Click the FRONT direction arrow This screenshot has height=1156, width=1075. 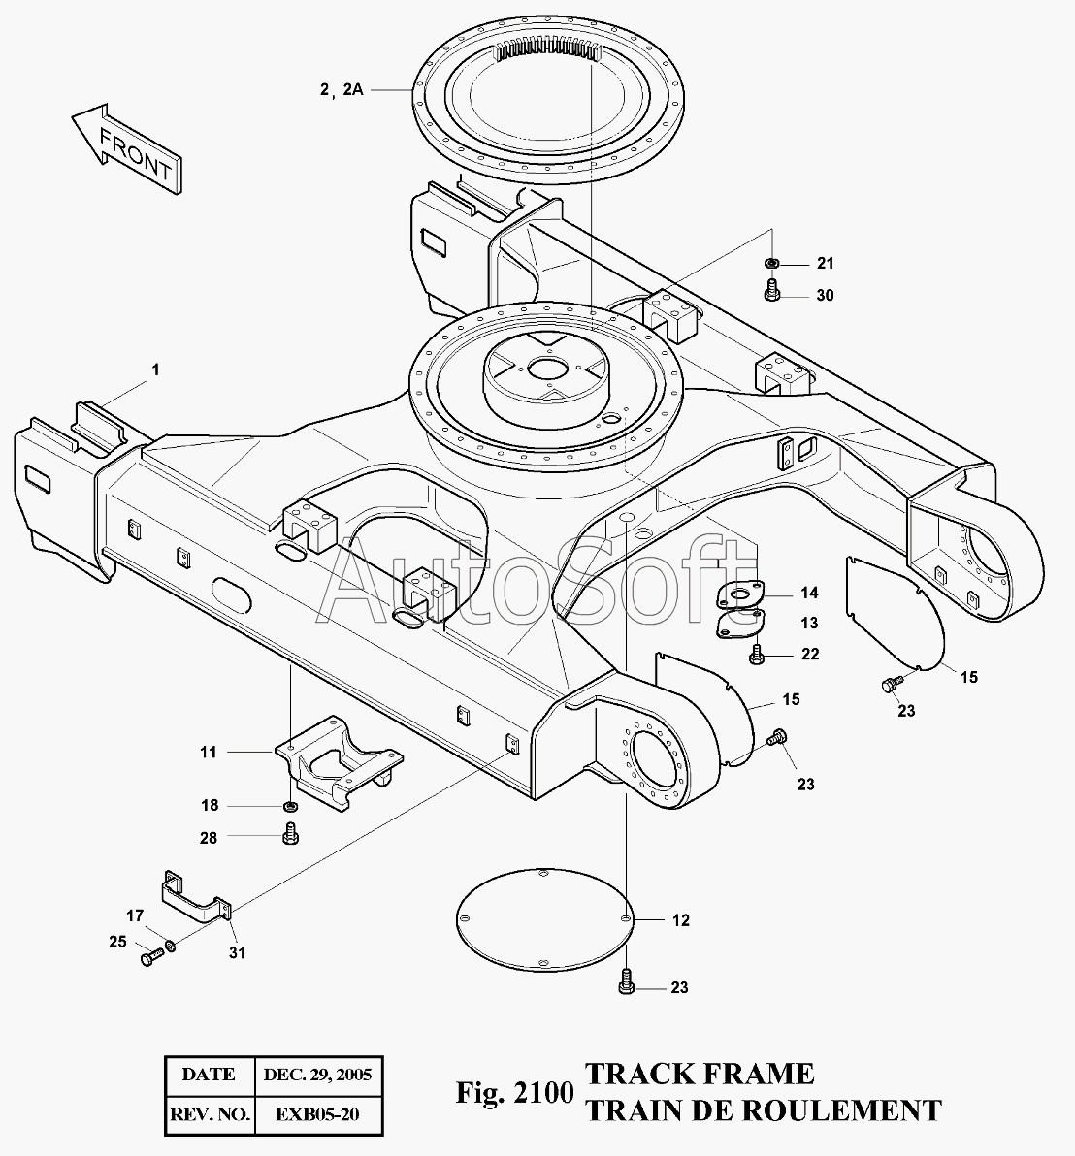pos(126,147)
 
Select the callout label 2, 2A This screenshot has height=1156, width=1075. pos(342,90)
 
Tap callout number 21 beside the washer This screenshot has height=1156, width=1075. pos(825,263)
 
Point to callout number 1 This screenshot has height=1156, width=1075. pos(155,369)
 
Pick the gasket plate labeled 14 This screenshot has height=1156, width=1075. pos(739,594)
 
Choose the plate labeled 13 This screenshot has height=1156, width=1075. pos(740,624)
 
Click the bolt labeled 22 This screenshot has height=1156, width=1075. pos(756,654)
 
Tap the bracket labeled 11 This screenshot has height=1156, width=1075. pos(339,763)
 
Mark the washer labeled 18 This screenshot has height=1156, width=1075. pos(290,804)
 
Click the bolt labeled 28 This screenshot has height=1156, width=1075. pos(290,834)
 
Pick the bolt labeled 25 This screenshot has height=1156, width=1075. pos(151,958)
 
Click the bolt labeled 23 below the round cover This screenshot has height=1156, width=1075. pos(626,982)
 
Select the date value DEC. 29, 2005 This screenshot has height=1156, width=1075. pos(318,1075)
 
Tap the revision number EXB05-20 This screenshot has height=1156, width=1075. pos(317,1114)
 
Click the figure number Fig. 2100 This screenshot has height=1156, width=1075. pos(514,1092)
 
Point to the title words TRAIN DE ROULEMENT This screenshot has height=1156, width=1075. pos(764,1110)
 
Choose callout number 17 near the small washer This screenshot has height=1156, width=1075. pos(135,916)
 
